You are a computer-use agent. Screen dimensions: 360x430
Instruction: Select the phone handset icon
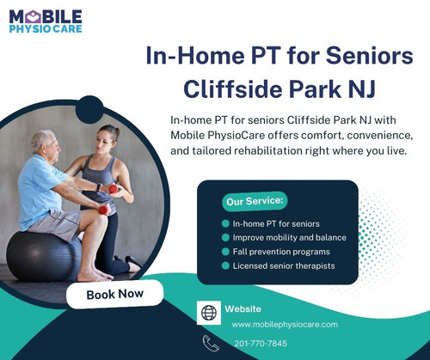click(211, 344)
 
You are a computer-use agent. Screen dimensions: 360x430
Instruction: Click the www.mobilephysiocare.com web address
click(285, 324)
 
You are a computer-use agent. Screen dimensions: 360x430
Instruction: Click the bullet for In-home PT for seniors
click(225, 223)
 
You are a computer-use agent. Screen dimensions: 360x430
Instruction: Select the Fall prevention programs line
click(280, 251)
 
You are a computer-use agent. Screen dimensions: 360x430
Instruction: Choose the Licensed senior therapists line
click(283, 265)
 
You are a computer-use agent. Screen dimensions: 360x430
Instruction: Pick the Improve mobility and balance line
click(289, 237)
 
